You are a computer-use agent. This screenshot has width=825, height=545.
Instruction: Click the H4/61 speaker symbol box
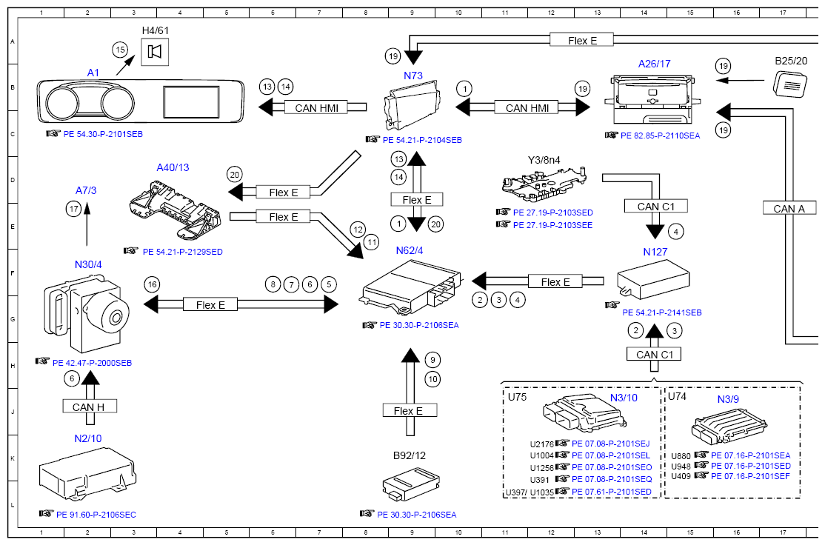pos(154,52)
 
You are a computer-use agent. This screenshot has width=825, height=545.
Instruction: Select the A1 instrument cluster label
pos(93,73)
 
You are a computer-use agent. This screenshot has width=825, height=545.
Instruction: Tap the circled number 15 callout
pos(120,50)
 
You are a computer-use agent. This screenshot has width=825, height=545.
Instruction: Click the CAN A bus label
pos(789,208)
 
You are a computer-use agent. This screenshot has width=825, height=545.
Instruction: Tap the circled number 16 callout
pos(152,284)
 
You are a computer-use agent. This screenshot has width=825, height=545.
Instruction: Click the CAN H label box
pos(88,407)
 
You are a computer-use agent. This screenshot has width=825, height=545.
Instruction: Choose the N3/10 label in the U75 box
pos(624,398)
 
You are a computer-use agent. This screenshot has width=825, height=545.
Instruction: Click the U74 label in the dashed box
pos(677,396)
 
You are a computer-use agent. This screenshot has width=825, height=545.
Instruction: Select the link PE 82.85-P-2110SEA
pos(659,136)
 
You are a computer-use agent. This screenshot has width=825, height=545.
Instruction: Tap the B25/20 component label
pos(790,61)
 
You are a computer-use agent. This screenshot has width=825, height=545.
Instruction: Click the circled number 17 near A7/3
pos(73,210)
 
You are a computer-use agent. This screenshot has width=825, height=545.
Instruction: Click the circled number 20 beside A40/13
pos(235,175)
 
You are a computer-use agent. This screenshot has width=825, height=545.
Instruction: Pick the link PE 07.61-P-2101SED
pos(611,491)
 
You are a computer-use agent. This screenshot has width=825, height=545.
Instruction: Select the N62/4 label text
pos(409,250)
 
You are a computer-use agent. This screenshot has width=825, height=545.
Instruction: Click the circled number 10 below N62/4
pos(433,379)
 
